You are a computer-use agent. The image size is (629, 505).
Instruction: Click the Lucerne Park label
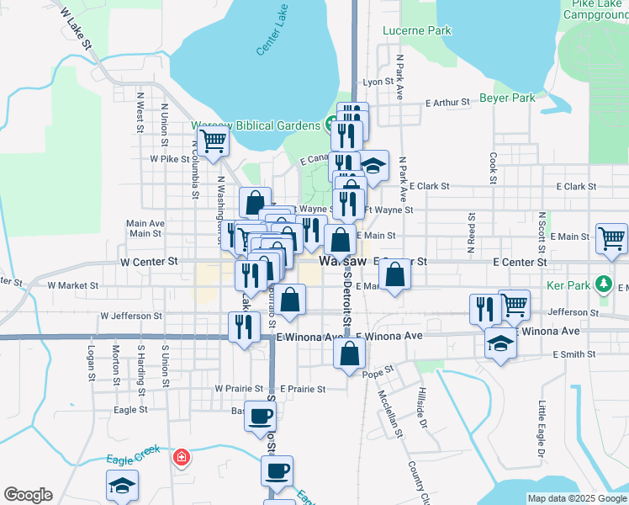416,31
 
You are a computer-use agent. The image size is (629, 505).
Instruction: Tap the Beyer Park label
507,98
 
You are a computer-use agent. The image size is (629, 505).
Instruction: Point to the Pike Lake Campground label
595,11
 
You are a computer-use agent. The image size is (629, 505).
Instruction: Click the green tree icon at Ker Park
603,284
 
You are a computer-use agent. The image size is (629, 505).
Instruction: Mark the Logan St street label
91,362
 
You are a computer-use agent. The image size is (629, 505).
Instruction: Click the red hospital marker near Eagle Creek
179,458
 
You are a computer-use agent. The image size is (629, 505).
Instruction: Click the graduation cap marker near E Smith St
500,343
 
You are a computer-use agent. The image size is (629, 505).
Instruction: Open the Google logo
28,495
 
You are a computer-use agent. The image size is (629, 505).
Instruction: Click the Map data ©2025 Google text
575,498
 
